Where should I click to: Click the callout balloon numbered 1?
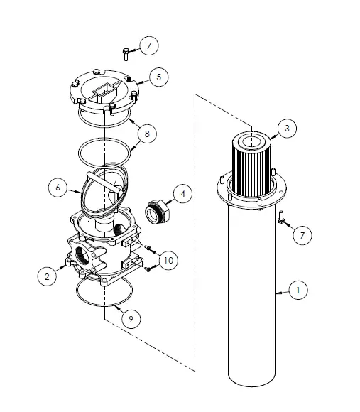tap(298, 290)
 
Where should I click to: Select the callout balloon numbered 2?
tap(47, 277)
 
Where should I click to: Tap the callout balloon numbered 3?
tap(287, 129)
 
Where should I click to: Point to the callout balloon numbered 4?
tap(182, 193)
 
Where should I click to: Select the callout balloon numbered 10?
tap(168, 261)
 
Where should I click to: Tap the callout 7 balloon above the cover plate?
tap(148, 46)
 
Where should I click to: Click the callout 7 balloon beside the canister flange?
tap(302, 234)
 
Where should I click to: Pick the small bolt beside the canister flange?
tap(283, 217)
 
